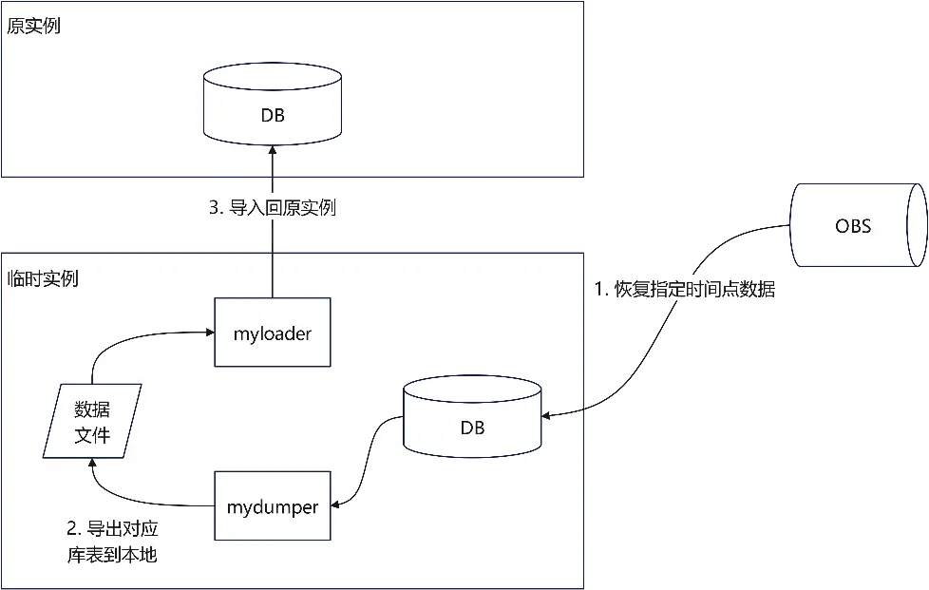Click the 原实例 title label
point(33,26)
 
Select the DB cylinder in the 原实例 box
point(273,105)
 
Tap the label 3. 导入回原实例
point(273,207)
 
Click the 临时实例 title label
point(43,278)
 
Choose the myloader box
point(273,333)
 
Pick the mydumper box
point(273,505)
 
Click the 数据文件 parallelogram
point(92,421)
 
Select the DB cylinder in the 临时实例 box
point(472,418)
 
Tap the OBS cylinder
point(853,225)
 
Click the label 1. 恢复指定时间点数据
point(684,290)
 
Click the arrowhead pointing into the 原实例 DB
point(273,150)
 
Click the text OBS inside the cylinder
point(853,226)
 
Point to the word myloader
point(273,333)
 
